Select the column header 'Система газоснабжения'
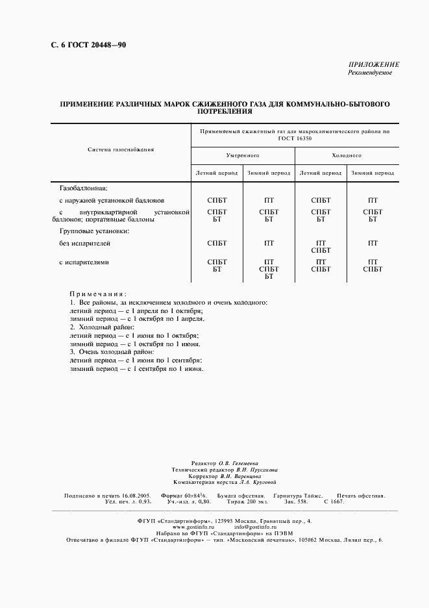click(121, 149)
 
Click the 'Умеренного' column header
click(243, 156)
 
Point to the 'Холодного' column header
click(347, 156)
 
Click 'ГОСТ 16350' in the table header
click(295, 138)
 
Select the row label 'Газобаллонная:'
click(83, 187)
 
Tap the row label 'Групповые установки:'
click(94, 231)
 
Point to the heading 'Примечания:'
click(98, 294)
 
